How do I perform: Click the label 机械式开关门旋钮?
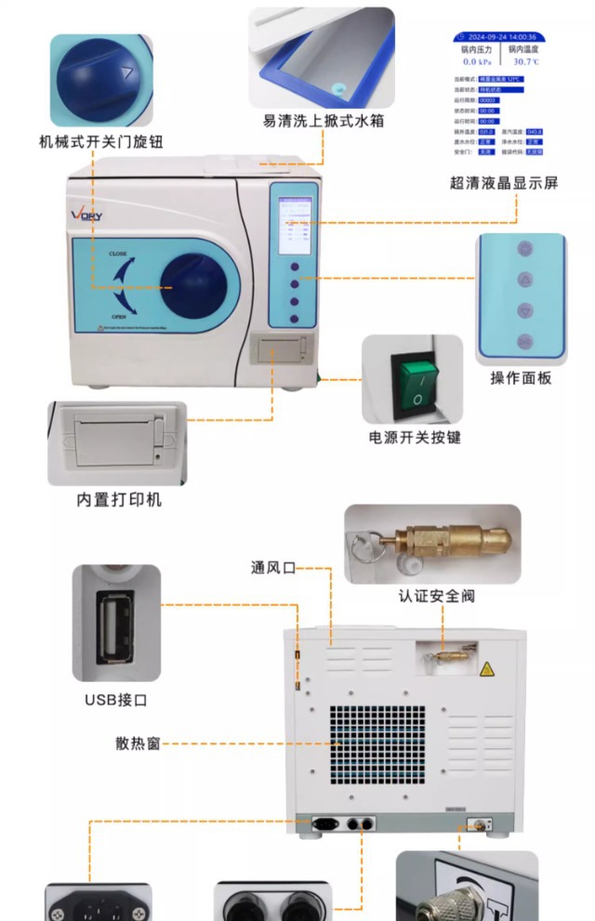coord(101,141)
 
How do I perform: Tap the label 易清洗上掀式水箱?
coord(323,122)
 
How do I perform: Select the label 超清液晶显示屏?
coord(504,183)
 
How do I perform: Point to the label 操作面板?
coord(521,378)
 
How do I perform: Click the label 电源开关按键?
coord(414,437)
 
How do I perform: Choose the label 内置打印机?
coord(119,500)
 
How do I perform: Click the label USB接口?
coord(116,700)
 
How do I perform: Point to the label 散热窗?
coord(138,743)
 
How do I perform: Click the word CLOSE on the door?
coord(118,253)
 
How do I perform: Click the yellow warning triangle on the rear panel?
coord(485,668)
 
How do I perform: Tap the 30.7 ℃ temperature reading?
coord(522,60)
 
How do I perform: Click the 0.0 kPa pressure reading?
coord(476,60)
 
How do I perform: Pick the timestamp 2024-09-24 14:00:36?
coord(499,37)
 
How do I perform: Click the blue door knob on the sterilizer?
coord(193,286)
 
